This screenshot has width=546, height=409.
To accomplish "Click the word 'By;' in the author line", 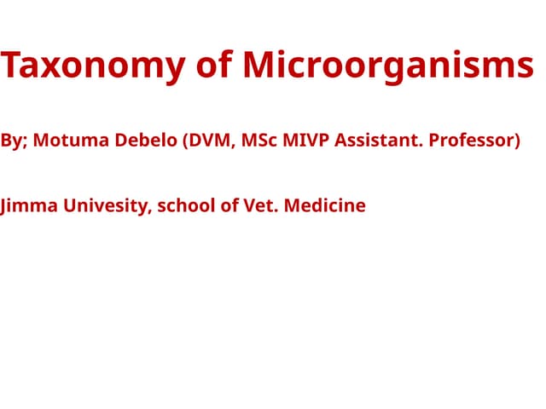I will coord(13,141).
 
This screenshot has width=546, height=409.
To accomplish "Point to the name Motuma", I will coord(65,141).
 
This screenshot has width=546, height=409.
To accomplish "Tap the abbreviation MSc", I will coord(261,141).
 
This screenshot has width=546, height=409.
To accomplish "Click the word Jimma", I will coord(26,206).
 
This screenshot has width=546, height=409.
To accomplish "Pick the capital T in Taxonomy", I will coord(11,65).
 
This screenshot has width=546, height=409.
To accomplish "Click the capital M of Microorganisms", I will coord(258,65).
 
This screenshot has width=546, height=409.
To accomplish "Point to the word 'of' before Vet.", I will coord(228,205).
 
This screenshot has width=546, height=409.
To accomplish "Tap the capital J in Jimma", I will coord(4,206).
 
